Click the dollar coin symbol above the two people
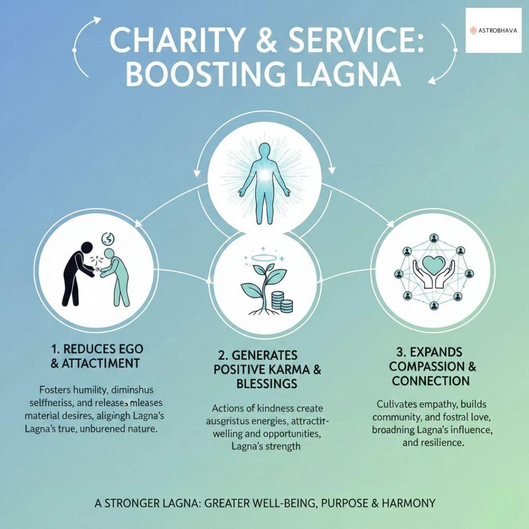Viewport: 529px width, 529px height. (x=108, y=239)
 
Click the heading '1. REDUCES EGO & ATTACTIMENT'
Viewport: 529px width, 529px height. (x=97, y=356)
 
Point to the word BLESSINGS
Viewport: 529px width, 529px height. (x=266, y=384)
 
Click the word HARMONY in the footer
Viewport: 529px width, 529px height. (x=406, y=503)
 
